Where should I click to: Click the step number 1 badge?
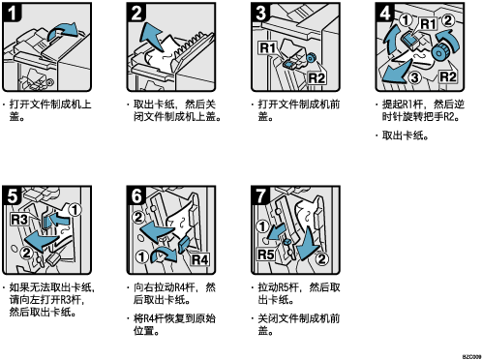coord(12,13)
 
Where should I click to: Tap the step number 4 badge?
coord(384,13)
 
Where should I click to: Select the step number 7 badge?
coord(260,195)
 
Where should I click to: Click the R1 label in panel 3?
coord(268,48)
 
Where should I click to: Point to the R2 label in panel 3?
coord(317,78)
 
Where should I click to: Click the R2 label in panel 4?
coord(448,76)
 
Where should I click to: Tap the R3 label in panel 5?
coord(19,220)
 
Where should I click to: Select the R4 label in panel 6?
coord(199,259)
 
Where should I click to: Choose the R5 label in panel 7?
coord(266,255)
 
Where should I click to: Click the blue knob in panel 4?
coord(439,52)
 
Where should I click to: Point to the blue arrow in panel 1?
coord(63,31)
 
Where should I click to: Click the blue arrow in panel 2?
coord(151,36)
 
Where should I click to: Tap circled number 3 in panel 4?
coord(415,77)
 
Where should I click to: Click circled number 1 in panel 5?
coord(75,210)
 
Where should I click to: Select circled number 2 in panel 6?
coord(138,217)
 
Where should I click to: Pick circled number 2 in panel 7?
coord(321,258)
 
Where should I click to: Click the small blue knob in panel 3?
coord(311,58)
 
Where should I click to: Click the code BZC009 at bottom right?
coord(471,356)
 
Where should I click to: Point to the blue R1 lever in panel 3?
coord(289,64)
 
